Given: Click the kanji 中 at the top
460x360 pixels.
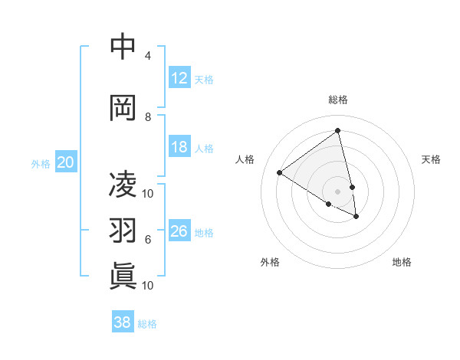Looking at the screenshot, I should point(123,47).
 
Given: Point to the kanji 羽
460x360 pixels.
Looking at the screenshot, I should point(123,231).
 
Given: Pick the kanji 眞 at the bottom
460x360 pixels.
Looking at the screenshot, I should point(123,276).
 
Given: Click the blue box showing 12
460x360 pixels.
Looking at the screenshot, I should point(179,78).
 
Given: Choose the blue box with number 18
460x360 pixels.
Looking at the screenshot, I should point(179,147).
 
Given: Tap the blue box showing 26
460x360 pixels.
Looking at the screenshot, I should point(179,231).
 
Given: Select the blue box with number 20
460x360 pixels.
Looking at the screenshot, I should point(66,162).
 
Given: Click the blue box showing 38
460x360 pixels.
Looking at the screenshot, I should point(123,322).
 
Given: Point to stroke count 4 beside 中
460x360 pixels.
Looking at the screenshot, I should point(148,56).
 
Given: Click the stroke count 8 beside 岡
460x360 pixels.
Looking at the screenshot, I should point(148,117).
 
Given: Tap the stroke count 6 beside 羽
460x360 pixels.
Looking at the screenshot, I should point(148,240).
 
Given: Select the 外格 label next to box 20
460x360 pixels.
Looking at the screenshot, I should point(41,163).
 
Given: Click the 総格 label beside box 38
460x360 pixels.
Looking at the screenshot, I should point(147,323).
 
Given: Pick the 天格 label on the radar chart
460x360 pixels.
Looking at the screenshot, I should point(432,159).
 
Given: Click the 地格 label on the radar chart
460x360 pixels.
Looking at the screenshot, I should point(402,262).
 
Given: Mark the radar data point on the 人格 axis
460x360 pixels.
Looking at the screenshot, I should point(280,173).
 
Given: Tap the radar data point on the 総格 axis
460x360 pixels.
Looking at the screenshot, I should point(337,131).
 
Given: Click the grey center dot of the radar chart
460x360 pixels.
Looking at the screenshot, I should point(337,191).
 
